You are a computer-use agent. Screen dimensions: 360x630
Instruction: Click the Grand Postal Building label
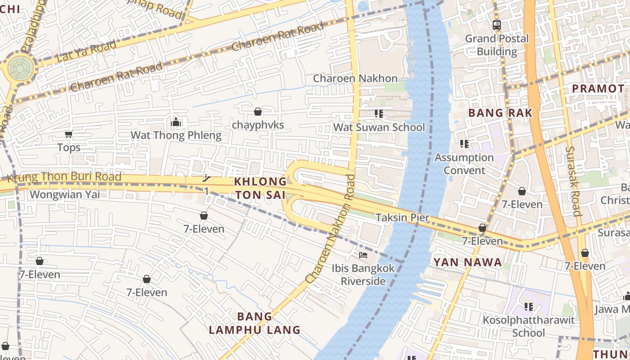point(497,45)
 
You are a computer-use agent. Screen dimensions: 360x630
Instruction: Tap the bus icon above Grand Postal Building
point(497,25)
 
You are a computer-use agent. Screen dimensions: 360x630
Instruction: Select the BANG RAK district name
point(500,113)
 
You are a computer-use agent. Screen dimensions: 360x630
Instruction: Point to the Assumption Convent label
point(464,164)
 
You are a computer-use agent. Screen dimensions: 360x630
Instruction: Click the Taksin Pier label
point(402,218)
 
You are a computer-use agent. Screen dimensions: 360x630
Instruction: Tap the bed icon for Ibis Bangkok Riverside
point(363,255)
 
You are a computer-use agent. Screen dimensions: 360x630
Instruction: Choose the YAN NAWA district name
point(467,262)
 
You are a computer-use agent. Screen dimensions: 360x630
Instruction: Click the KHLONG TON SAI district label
point(260,188)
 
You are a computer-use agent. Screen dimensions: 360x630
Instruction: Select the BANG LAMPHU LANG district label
point(255,323)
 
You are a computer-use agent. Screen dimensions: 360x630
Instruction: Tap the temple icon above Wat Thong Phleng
point(176,122)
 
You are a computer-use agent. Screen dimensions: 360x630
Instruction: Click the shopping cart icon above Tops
point(69,134)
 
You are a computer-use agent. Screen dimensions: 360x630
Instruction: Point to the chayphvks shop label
point(258,125)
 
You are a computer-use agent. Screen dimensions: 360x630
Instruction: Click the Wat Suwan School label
point(379,127)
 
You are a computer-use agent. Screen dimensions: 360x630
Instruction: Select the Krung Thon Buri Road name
point(64,177)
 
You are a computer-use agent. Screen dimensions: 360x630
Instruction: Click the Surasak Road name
point(572,181)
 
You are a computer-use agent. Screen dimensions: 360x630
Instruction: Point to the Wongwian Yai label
point(65,194)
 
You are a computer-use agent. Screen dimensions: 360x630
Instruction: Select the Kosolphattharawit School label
point(528,326)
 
